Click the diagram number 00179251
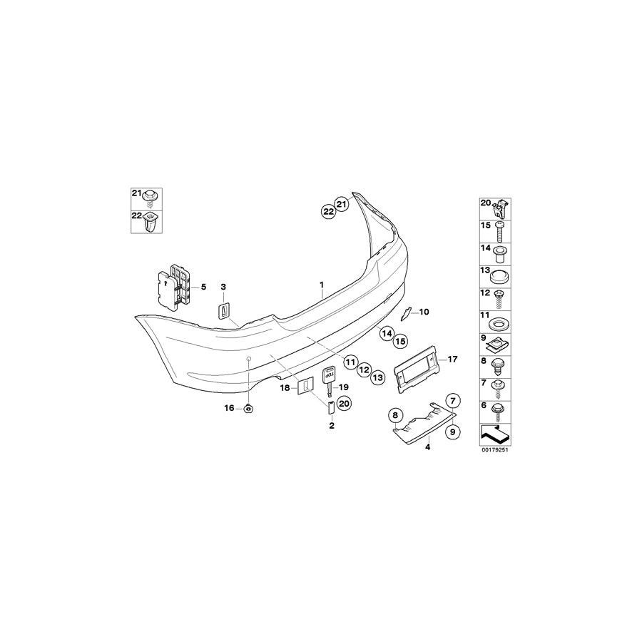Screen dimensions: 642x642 498,450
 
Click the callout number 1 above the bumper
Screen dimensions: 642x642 322,285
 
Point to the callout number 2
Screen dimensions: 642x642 332,425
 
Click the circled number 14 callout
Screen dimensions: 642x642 387,332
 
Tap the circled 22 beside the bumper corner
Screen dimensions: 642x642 329,211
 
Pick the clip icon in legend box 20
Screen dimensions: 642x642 503,208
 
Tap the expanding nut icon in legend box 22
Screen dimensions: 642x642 151,224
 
